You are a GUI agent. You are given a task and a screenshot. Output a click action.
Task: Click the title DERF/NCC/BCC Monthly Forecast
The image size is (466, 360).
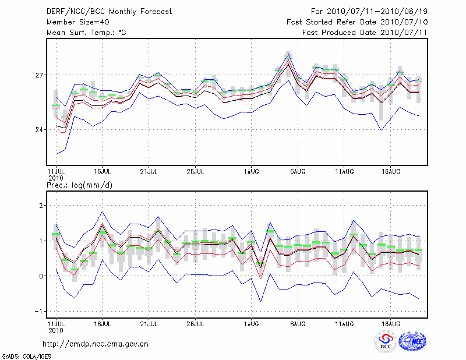point(109,12)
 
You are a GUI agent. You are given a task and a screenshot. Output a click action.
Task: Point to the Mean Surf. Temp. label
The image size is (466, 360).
point(86,33)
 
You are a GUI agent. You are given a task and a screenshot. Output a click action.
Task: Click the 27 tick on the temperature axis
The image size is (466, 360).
point(39,76)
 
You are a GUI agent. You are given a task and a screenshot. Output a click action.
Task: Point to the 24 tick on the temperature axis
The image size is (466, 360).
point(39,129)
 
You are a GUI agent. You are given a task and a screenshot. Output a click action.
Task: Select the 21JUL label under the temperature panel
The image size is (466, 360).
point(149,171)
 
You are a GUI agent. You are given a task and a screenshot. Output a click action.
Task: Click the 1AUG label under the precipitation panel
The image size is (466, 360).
point(251,323)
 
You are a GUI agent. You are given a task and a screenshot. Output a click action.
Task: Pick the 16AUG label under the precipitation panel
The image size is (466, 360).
point(390,323)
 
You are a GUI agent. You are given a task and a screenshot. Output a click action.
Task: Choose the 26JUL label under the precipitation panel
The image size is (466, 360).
point(196,323)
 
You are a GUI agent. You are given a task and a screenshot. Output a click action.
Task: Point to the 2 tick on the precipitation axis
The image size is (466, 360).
point(41,206)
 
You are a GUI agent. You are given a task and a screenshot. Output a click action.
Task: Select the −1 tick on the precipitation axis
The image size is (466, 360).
point(39,311)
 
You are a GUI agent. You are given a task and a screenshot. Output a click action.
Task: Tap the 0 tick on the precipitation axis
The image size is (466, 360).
point(41,276)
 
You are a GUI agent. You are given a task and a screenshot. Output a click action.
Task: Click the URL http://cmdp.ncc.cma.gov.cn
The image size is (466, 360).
point(96,344)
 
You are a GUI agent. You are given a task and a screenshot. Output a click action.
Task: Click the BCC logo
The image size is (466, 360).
point(386,341)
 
